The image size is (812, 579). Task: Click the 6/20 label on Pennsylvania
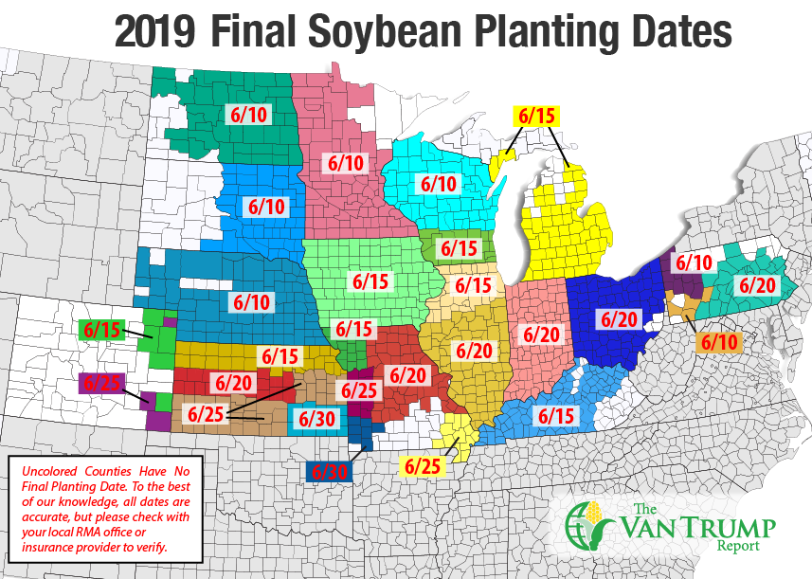click(757, 284)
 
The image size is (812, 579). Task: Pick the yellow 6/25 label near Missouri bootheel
click(421, 465)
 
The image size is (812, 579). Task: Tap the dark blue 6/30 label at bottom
click(330, 470)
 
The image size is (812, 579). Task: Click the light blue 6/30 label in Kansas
click(316, 417)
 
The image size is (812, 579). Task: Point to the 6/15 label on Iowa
click(371, 281)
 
